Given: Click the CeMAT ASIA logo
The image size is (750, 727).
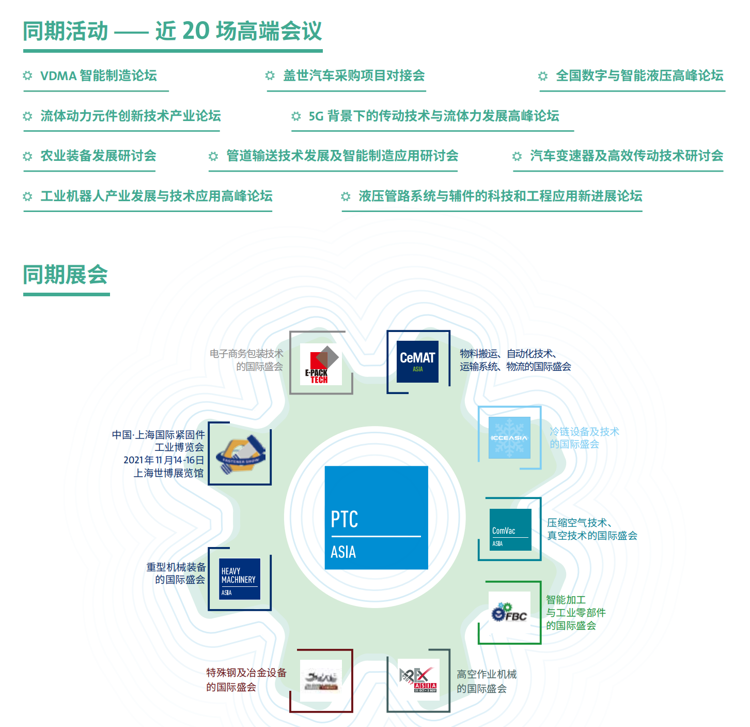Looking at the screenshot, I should point(417,361).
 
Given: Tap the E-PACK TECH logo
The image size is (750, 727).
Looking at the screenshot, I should point(321,364).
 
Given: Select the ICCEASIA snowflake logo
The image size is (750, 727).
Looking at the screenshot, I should point(509,437).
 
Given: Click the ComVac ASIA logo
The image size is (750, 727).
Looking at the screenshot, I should point(510,529).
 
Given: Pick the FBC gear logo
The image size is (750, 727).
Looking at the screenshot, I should point(509,613).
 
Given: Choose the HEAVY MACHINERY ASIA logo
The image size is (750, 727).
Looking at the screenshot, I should point(239,579).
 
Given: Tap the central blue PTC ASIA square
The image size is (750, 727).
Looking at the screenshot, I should point(376,518).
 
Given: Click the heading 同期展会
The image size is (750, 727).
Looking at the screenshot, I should point(66,275).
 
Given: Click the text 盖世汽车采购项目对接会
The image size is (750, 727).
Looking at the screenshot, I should point(354,76).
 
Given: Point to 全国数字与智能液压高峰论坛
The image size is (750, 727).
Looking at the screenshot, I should point(639,76).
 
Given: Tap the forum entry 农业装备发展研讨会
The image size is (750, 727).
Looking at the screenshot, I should point(98,156).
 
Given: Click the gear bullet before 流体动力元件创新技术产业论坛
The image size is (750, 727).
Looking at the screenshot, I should point(28,116).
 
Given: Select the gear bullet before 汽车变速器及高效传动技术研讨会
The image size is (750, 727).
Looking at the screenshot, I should point(517,156).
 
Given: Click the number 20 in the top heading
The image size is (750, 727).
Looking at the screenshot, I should point(196,31).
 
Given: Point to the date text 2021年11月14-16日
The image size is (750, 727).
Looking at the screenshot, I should point(164,460).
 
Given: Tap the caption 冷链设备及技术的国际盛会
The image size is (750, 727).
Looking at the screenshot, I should point(584,438).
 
